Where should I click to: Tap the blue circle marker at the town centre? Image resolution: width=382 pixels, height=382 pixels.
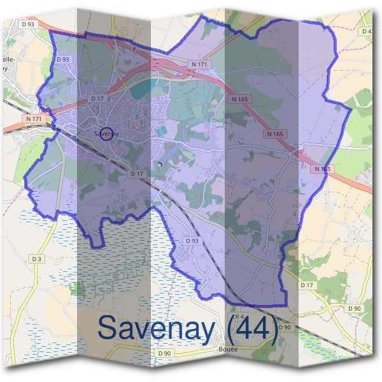click(x=107, y=133)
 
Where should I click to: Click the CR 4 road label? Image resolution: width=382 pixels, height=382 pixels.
click(x=237, y=316)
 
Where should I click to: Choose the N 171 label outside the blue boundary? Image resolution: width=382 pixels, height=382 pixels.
click(x=34, y=118)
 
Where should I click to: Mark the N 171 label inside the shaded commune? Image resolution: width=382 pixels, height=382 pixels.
click(x=198, y=64)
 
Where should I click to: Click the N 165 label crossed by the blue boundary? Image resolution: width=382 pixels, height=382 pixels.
click(x=323, y=169)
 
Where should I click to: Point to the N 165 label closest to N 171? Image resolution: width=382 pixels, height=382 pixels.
click(x=239, y=99)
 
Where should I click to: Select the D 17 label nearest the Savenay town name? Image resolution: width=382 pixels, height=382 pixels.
click(x=97, y=99)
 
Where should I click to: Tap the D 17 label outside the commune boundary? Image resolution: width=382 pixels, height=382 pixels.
click(x=307, y=285)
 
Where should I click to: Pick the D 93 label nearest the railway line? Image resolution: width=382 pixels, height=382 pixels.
click(x=192, y=241)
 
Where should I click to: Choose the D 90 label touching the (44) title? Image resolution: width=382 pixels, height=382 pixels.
click(x=284, y=327)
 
